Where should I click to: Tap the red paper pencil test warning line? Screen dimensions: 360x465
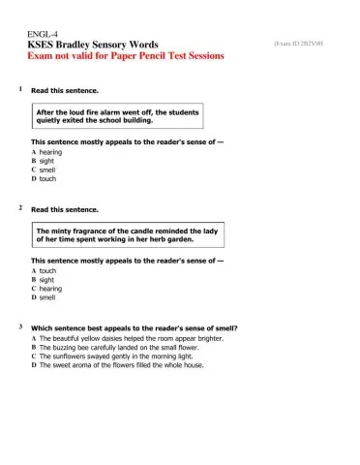126,56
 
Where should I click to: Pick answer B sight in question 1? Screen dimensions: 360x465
45,162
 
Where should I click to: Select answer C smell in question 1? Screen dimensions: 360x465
45,170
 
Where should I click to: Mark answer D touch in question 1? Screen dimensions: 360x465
45,179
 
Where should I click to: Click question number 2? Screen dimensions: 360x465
20,208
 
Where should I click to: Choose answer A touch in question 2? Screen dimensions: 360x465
45,271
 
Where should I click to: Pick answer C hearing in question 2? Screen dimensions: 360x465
48,289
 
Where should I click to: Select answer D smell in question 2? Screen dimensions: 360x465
45,297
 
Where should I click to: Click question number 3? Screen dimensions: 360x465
20,327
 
